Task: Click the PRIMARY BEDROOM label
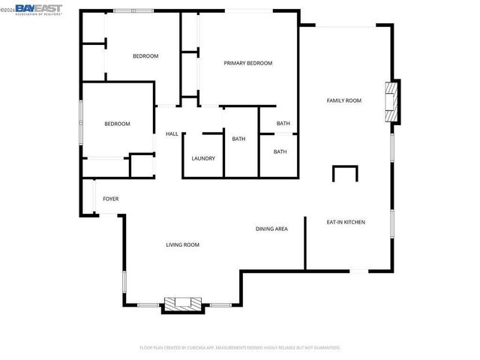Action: pos(247,64)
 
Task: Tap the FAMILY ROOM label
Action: pos(343,100)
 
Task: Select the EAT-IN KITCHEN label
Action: pos(345,222)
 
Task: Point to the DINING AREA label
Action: pos(271,229)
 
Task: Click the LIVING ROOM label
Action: pos(182,245)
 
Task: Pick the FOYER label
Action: pos(111,199)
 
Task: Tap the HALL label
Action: pos(172,133)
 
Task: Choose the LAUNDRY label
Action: pos(203,158)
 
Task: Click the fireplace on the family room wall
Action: pos(391,100)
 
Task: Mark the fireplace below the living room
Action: pos(184,304)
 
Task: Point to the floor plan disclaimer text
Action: pos(240,348)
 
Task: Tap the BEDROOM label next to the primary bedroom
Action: pos(145,56)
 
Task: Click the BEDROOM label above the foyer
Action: pos(117,124)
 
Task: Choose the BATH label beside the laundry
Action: pos(238,139)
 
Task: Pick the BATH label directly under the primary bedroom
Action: pos(283,124)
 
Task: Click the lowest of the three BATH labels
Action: pos(280,152)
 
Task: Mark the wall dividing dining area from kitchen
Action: pos(304,243)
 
